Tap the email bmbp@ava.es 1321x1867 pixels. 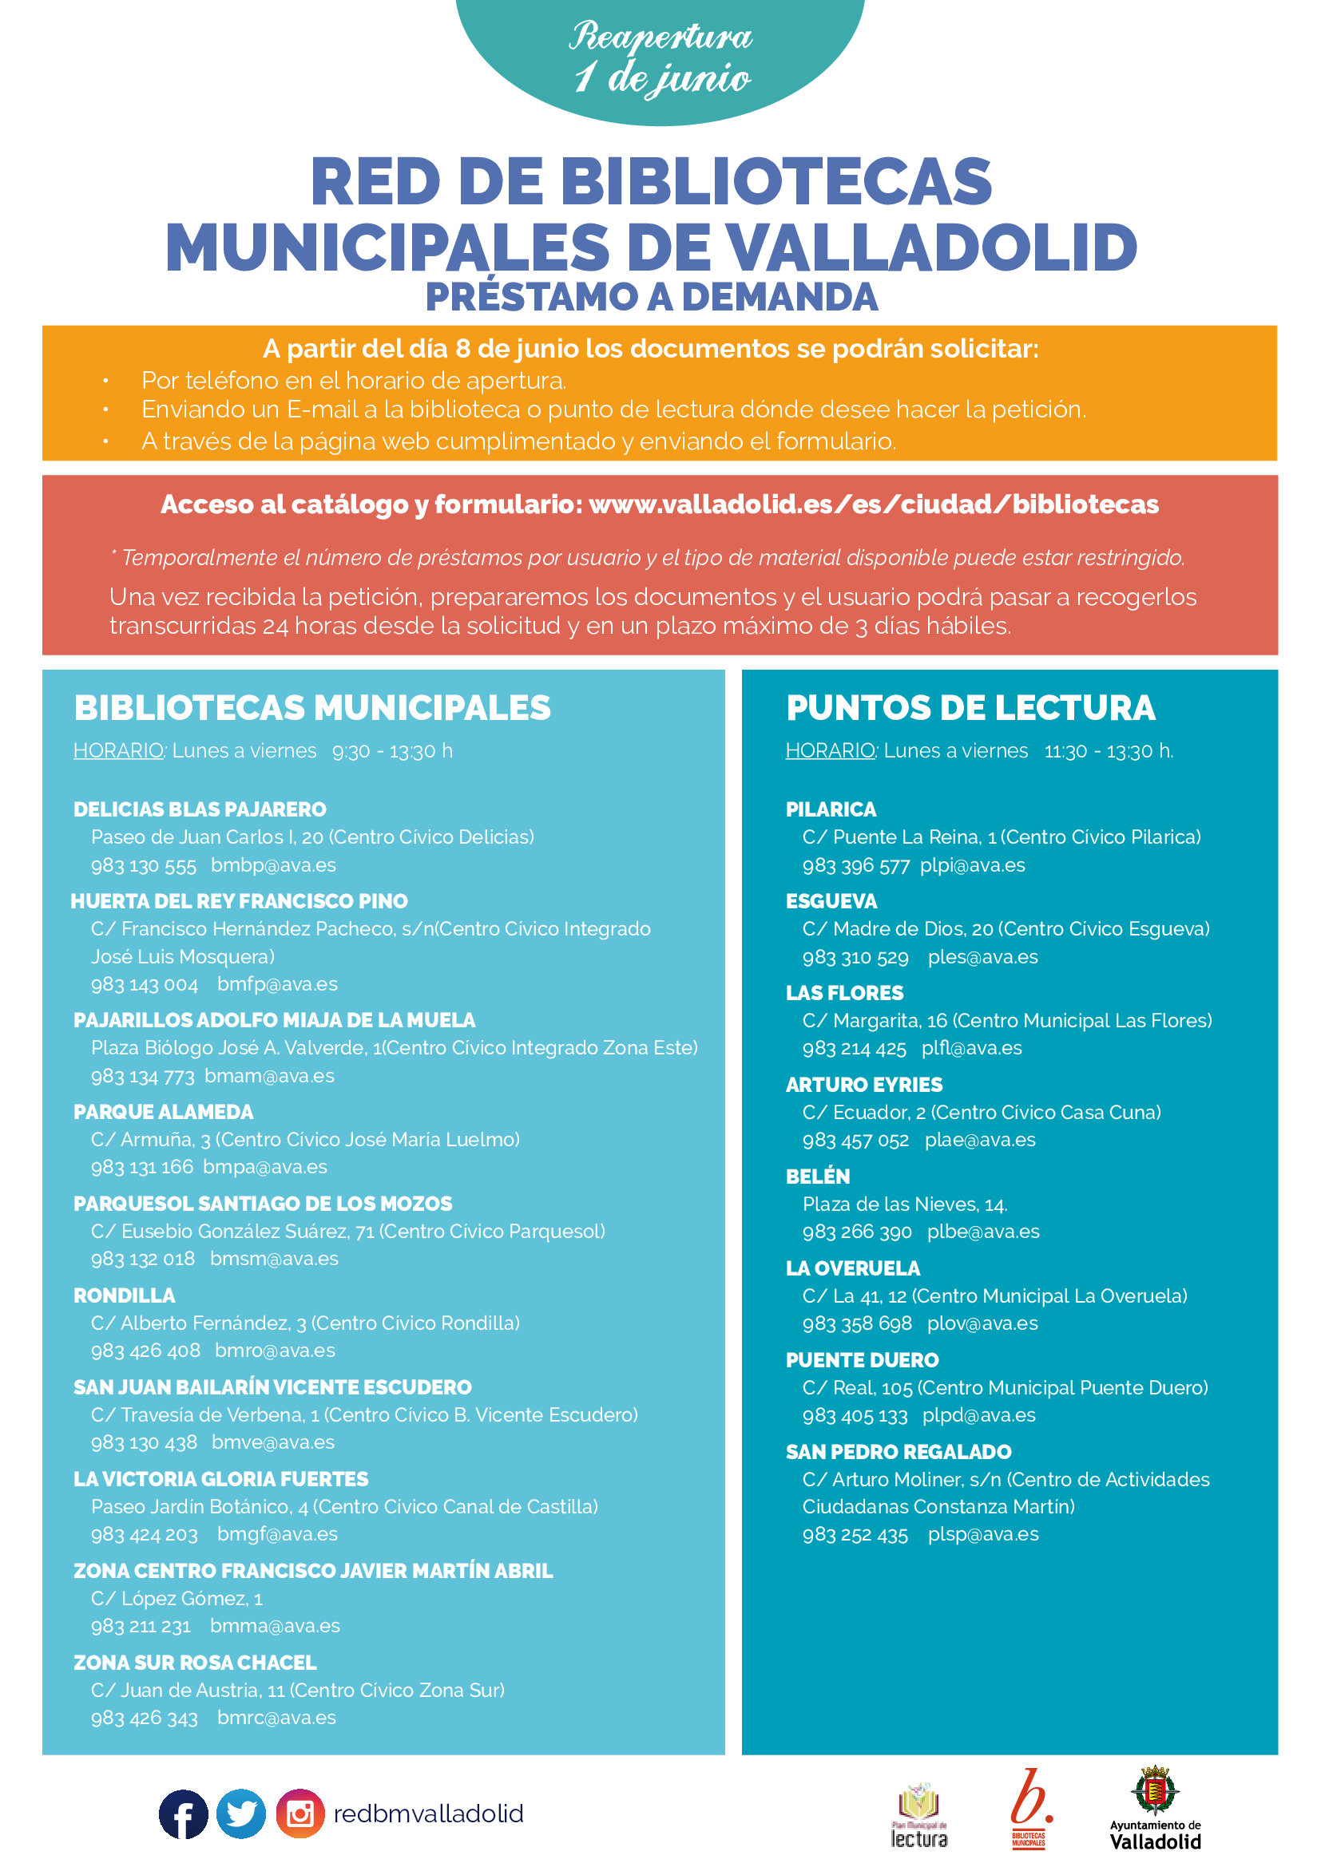[273, 865]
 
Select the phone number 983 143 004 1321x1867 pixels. [145, 984]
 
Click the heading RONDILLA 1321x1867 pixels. [125, 1295]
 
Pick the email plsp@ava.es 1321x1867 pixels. [983, 1533]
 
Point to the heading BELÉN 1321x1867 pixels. [818, 1177]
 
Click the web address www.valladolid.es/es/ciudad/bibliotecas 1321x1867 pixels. [874, 504]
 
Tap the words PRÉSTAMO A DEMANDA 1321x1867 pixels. [652, 297]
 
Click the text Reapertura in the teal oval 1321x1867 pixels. [660, 37]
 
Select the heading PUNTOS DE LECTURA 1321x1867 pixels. [970, 707]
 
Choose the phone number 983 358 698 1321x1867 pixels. [857, 1323]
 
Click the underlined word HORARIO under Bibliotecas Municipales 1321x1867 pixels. [119, 750]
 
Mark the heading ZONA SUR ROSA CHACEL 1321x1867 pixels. [195, 1662]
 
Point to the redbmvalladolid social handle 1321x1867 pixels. [429, 1814]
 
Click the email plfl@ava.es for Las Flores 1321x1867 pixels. [971, 1048]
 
